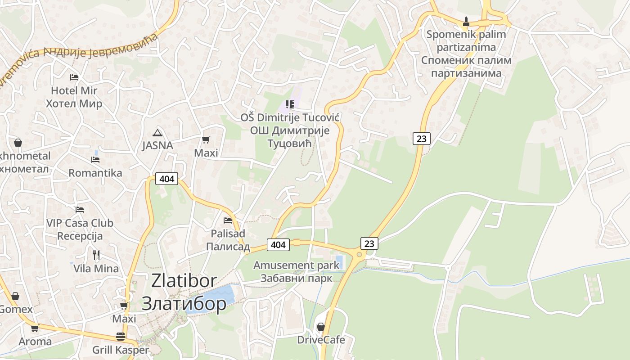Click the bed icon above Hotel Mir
[x=74, y=77]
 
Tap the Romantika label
[x=95, y=173]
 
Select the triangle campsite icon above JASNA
[x=157, y=133]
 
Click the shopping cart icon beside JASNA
[x=206, y=140]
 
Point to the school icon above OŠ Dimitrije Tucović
[x=290, y=105]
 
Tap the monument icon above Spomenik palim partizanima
[x=466, y=21]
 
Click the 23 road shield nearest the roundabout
[x=369, y=243]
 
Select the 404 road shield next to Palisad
[x=278, y=244]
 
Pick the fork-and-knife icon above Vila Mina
[x=96, y=255]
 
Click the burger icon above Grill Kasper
[x=120, y=337]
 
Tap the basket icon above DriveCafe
[x=321, y=327]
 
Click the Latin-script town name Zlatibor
[x=184, y=281]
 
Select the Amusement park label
[x=296, y=265]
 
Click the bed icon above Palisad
[x=228, y=220]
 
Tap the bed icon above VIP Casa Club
[x=80, y=210]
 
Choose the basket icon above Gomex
[x=15, y=296]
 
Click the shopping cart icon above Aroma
[x=35, y=328]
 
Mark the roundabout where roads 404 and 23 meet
[x=359, y=255]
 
